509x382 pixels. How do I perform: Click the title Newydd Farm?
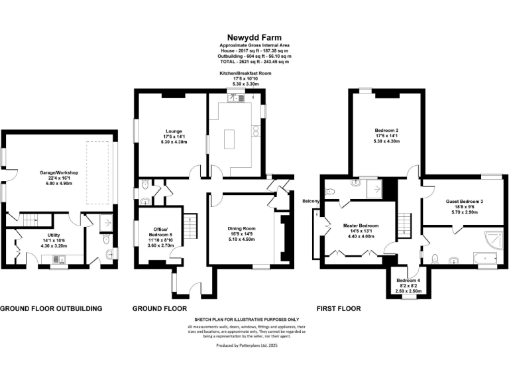click(x=254, y=37)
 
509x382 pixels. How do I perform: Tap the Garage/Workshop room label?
click(x=58, y=172)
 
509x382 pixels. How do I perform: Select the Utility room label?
click(x=40, y=239)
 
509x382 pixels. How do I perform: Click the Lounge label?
click(x=174, y=131)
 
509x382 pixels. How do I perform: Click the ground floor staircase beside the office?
click(x=190, y=225)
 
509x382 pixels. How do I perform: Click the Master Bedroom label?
click(x=361, y=225)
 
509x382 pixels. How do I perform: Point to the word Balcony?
click(x=311, y=201)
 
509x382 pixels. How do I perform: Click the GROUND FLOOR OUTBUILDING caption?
click(x=51, y=308)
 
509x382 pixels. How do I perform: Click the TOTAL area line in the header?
click(x=254, y=61)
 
